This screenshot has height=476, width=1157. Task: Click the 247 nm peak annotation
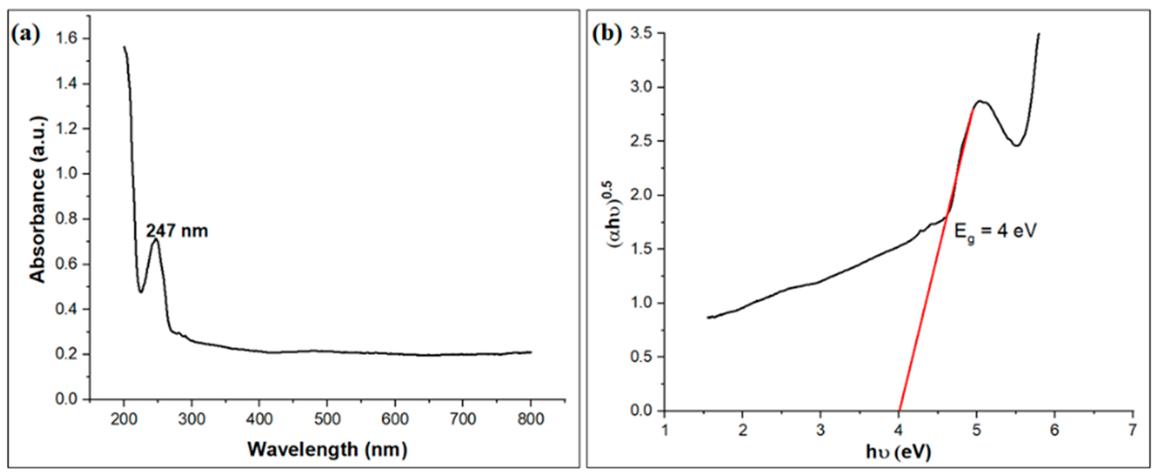coord(177,231)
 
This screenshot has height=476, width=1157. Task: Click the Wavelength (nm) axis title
coord(328,450)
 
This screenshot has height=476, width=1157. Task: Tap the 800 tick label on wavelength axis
coord(531,419)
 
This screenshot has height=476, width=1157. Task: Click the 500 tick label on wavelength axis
coord(327,419)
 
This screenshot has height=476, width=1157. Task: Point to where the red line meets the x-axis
coord(899,410)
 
